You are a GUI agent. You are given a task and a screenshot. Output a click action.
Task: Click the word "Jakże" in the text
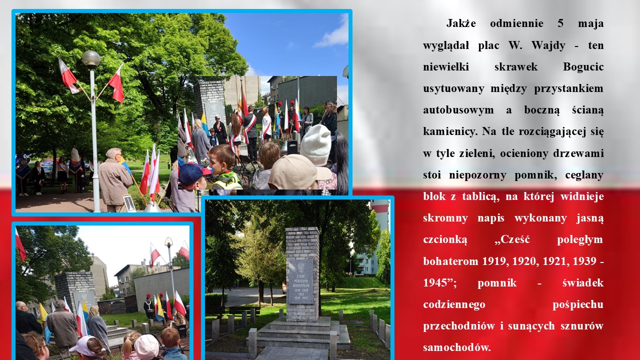pyautogui.click(x=461, y=23)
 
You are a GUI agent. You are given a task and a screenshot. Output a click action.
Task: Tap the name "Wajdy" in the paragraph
pyautogui.click(x=548, y=45)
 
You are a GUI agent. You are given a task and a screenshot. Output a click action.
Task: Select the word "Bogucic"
pyautogui.click(x=583, y=66)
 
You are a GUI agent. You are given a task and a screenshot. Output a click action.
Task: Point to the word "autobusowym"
pyautogui.click(x=458, y=110)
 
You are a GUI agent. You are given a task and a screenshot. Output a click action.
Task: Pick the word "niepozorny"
pyautogui.click(x=477, y=175)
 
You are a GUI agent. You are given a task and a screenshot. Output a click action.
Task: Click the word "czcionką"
pyautogui.click(x=445, y=239)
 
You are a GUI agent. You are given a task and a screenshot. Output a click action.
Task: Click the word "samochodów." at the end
pyautogui.click(x=456, y=347)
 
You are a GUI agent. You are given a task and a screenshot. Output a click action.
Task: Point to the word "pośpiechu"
pyautogui.click(x=578, y=304)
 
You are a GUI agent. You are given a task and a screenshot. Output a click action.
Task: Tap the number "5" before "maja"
pyautogui.click(x=560, y=23)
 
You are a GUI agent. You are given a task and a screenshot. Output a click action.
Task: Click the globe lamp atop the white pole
pyautogui.click(x=91, y=59)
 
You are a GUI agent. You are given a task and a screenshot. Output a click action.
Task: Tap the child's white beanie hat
pyautogui.click(x=316, y=145)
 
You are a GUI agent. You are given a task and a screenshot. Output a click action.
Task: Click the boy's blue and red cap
pyautogui.click(x=194, y=173)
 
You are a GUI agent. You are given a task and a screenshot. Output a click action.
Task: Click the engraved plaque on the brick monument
pyautogui.click(x=300, y=281)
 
